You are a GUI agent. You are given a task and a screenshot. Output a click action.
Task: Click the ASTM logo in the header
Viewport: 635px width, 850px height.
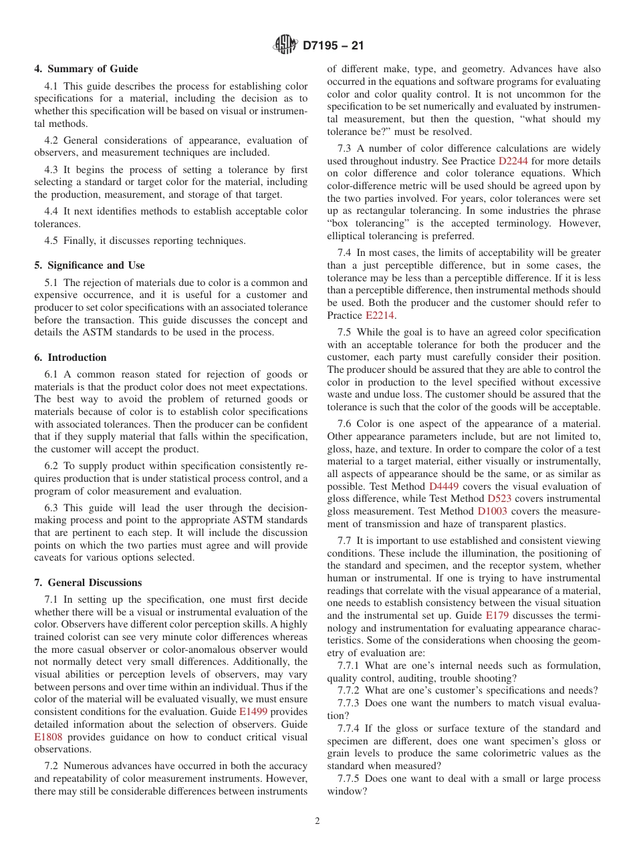tap(285, 46)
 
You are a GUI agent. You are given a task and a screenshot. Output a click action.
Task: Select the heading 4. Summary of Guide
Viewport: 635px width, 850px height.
tap(86, 69)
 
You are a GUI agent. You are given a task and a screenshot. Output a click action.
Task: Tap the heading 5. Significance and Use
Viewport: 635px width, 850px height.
tap(90, 265)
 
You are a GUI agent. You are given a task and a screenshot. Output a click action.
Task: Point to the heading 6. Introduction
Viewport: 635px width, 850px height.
tap(73, 358)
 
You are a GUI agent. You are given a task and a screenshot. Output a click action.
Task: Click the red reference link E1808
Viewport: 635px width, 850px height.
tap(47, 737)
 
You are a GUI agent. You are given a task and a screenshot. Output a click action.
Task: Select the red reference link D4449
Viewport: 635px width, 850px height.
tap(442, 486)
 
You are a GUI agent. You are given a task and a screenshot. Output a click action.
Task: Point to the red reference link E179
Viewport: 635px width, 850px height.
tap(497, 615)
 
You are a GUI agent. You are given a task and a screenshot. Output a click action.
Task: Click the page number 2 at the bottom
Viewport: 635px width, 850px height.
tap(317, 821)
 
